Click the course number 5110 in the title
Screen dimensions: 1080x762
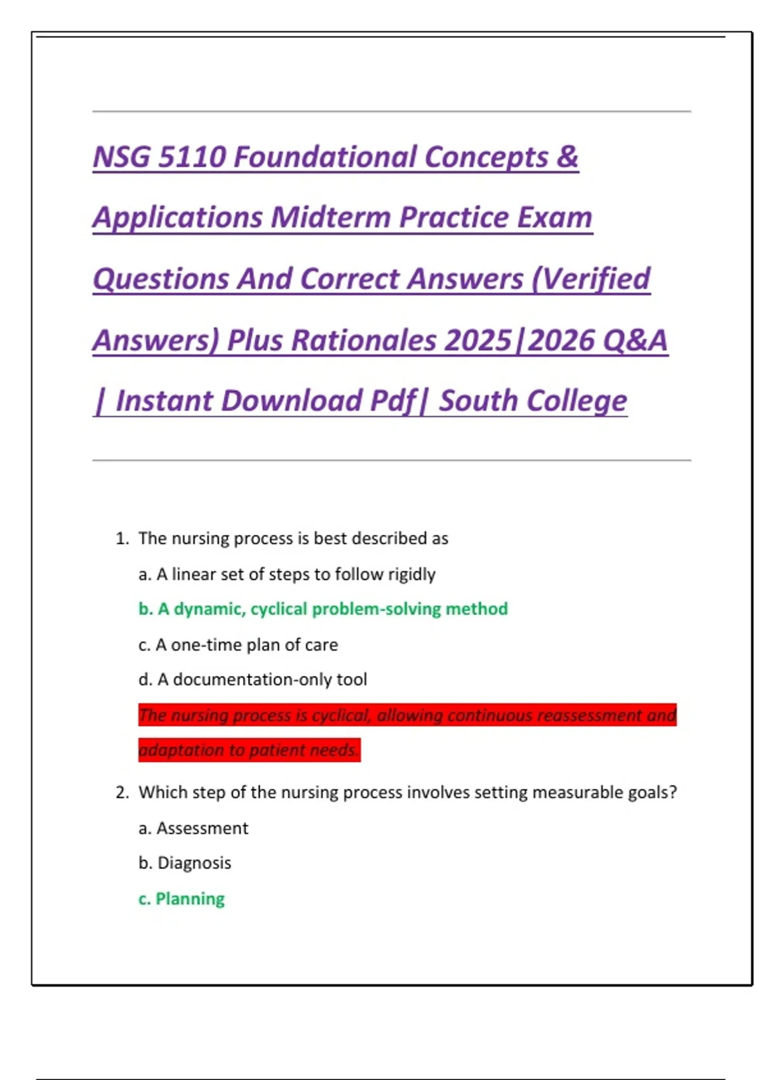(191, 157)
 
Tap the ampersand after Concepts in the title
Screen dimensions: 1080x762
(566, 157)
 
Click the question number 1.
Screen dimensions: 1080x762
(122, 539)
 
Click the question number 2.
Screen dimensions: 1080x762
(122, 793)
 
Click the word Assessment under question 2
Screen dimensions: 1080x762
(202, 828)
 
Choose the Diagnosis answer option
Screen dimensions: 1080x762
(194, 863)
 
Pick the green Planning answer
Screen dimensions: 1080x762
(190, 899)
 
